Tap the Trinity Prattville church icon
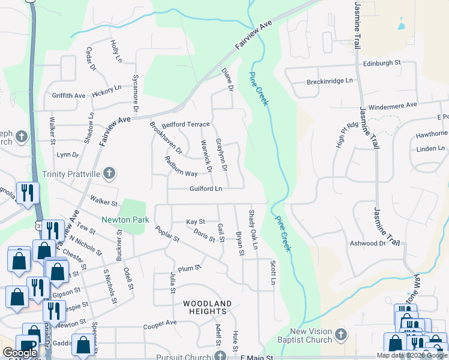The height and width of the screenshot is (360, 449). [109, 174]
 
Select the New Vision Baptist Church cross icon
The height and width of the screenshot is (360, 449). [340, 334]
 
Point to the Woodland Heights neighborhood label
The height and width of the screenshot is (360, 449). [207, 308]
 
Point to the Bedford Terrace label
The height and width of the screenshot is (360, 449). [185, 124]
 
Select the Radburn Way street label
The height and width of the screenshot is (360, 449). [181, 173]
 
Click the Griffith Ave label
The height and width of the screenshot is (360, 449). [68, 95]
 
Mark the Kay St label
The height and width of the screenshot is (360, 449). [196, 222]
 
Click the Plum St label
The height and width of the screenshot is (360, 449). [189, 268]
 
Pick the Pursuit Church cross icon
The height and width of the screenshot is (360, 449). [220, 356]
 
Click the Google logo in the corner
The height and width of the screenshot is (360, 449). [20, 353]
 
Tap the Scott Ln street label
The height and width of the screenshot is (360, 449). [273, 272]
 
